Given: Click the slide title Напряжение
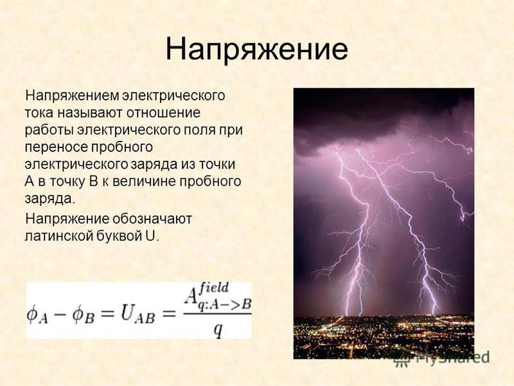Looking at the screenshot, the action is pyautogui.click(x=256, y=50).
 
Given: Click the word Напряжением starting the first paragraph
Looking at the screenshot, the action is pyautogui.click(x=72, y=96).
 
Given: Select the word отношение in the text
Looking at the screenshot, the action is pyautogui.click(x=163, y=113).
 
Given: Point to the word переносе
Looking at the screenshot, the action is pyautogui.click(x=56, y=147).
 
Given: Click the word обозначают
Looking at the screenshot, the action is pyautogui.click(x=152, y=219).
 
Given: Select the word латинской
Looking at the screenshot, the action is pyautogui.click(x=58, y=235).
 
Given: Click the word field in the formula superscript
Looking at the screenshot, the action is pyautogui.click(x=214, y=288).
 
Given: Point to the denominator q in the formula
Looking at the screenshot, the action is pyautogui.click(x=218, y=329).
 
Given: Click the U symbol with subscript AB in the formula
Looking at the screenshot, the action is pyautogui.click(x=137, y=315).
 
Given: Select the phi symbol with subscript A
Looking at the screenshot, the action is pyautogui.click(x=37, y=315).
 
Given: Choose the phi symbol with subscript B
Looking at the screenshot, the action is pyautogui.click(x=84, y=315).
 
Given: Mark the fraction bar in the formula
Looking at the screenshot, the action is pyautogui.click(x=217, y=315).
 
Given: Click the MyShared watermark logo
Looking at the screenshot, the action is pyautogui.click(x=441, y=358).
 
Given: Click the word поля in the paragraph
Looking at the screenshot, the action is pyautogui.click(x=199, y=131).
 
